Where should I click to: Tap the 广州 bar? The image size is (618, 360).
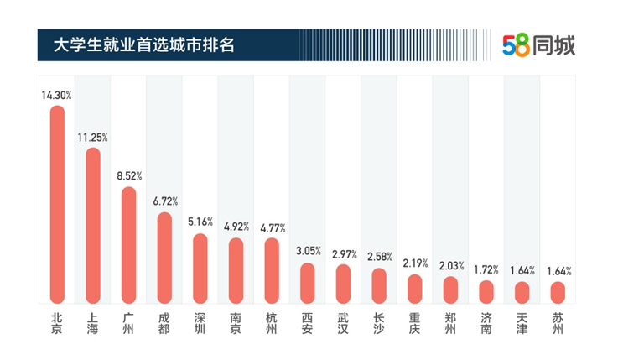click(128, 244)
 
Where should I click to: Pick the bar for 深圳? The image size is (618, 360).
click(200, 268)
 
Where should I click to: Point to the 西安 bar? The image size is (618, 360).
click(308, 283)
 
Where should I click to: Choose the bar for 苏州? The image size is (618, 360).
click(558, 292)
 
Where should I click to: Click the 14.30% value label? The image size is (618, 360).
click(57, 95)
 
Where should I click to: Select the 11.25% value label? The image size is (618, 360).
click(93, 137)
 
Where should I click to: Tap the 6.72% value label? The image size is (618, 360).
click(164, 201)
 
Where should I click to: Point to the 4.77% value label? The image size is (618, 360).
click(272, 227)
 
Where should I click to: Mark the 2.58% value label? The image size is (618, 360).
click(379, 257)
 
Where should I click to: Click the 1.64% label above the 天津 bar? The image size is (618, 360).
click(522, 270)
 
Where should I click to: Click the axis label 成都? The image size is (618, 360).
click(164, 323)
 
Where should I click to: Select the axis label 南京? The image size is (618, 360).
click(236, 323)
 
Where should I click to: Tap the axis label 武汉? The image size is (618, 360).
click(344, 323)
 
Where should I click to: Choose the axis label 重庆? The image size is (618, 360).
click(415, 323)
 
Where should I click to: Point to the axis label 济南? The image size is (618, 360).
click(486, 323)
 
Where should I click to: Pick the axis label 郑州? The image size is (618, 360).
click(450, 323)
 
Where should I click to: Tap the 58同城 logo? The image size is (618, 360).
click(538, 45)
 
